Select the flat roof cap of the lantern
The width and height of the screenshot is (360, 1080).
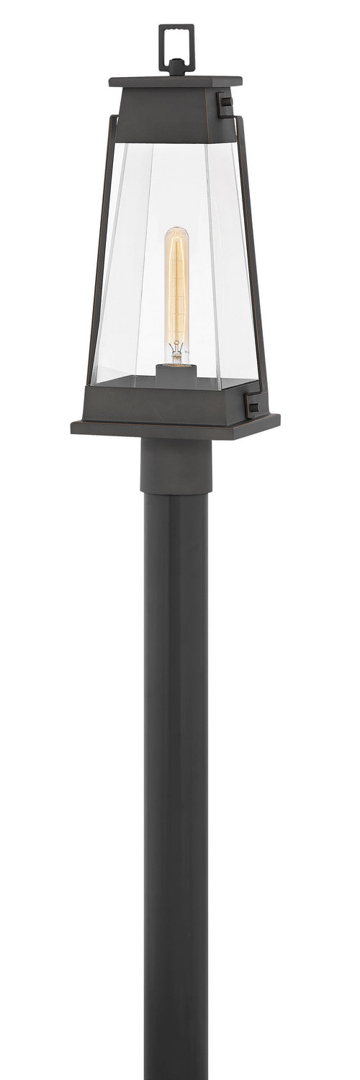(x=175, y=81)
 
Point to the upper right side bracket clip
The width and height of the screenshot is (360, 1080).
(x=227, y=107)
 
